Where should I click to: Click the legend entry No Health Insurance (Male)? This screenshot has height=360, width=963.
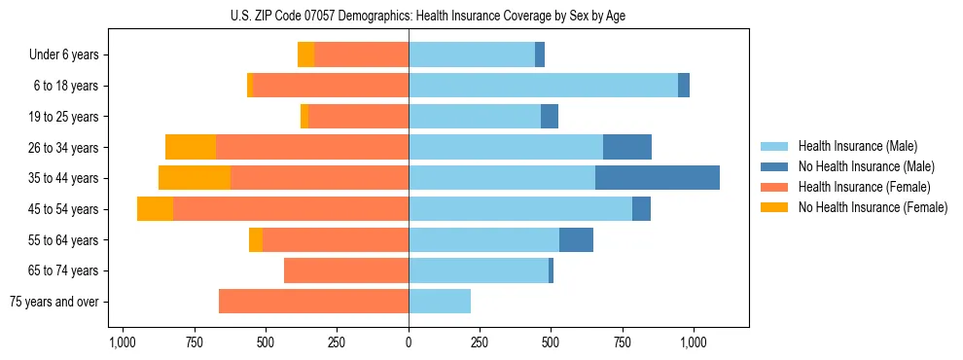(866, 166)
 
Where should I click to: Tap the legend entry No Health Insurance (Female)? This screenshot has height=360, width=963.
(873, 207)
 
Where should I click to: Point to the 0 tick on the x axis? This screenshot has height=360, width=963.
(409, 343)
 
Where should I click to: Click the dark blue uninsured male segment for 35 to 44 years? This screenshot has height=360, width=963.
(658, 178)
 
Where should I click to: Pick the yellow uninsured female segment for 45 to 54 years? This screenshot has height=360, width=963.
(155, 209)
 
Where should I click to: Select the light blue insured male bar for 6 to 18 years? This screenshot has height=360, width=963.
(543, 86)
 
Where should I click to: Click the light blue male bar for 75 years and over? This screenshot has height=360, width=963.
(440, 302)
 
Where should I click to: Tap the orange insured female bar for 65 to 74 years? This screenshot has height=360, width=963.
(346, 270)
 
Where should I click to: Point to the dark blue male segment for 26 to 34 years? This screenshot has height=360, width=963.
(627, 147)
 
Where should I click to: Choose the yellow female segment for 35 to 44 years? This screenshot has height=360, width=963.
(195, 178)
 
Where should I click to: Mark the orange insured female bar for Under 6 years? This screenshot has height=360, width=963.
(361, 54)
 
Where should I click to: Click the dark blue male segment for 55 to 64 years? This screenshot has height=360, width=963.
(576, 239)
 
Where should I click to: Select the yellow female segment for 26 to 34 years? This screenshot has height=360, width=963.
(191, 147)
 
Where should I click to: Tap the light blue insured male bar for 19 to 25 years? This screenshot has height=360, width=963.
(475, 117)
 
